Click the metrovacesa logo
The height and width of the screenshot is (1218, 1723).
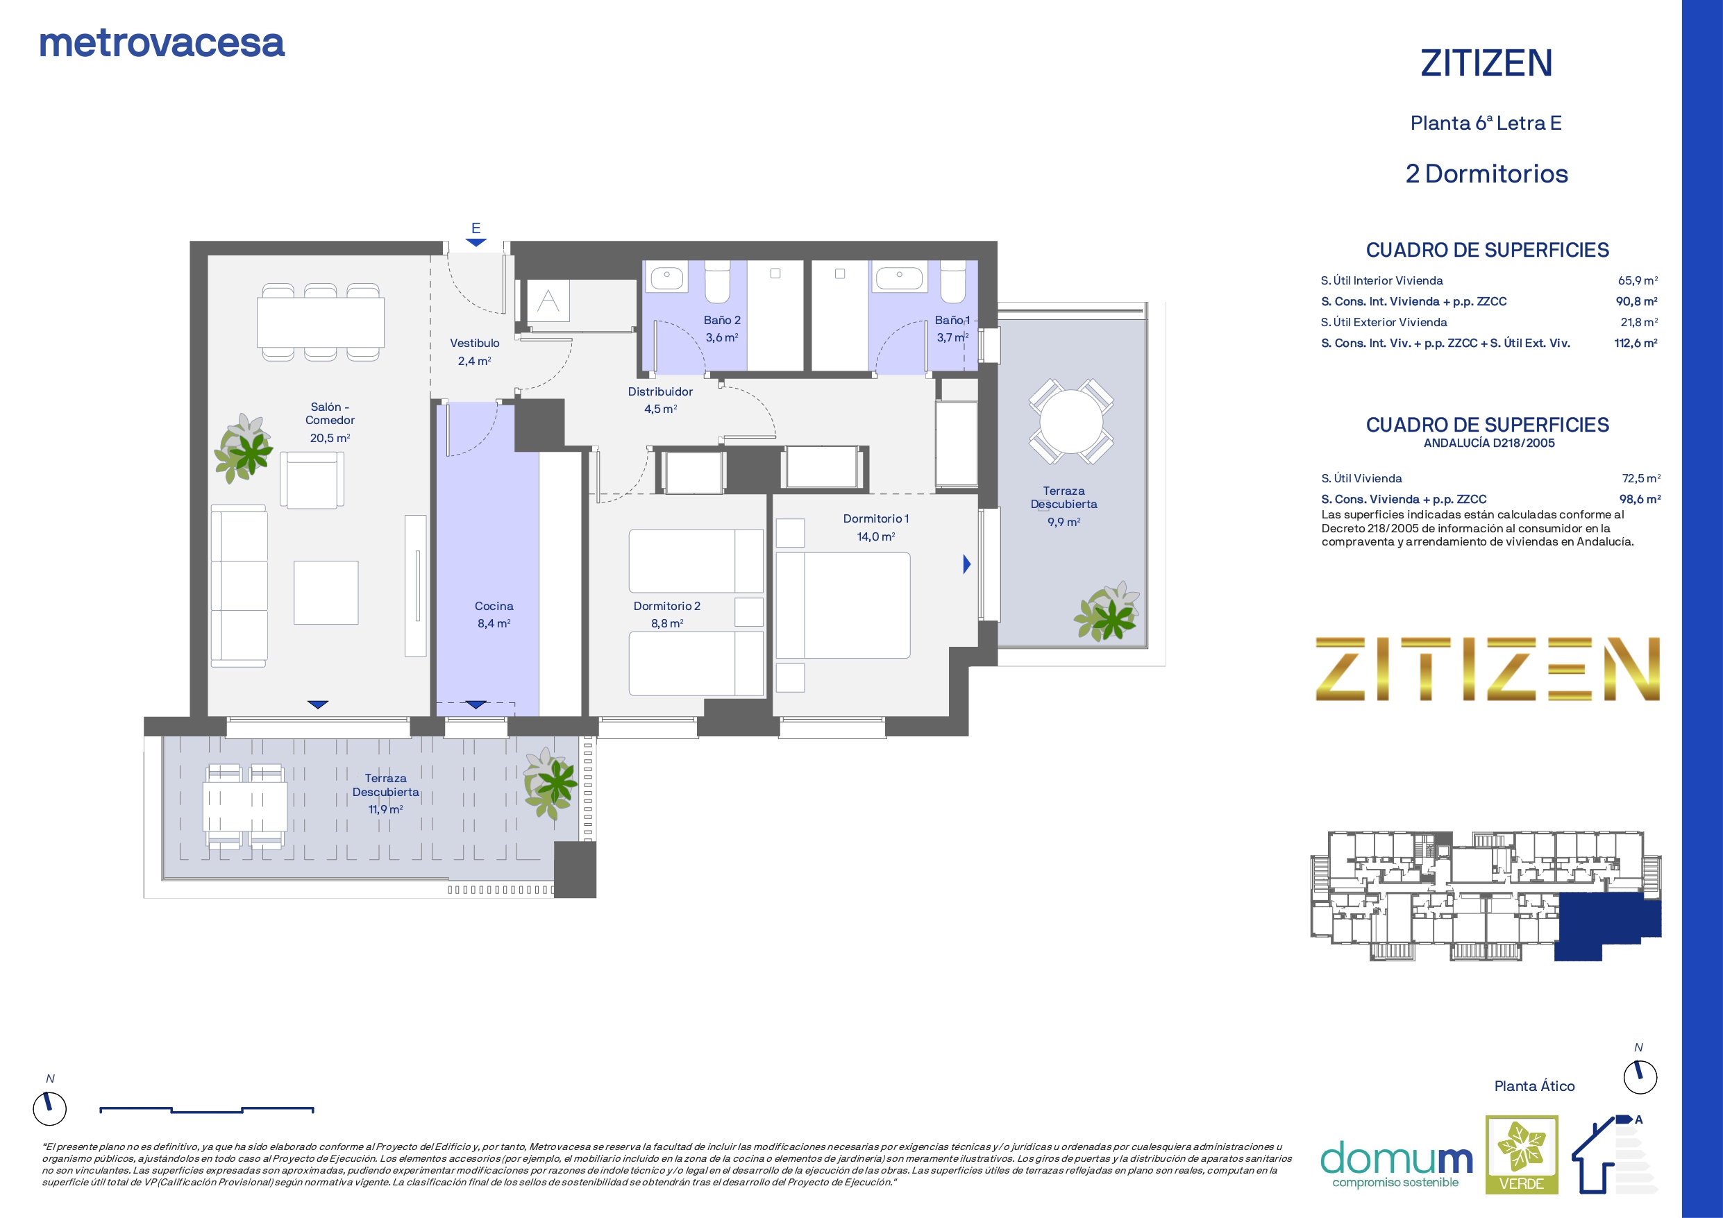pos(162,44)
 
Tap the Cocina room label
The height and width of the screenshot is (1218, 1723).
pos(494,606)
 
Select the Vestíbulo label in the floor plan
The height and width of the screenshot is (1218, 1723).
pos(474,343)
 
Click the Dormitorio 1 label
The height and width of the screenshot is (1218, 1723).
pos(876,518)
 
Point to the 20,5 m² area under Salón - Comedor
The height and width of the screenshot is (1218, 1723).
pos(330,437)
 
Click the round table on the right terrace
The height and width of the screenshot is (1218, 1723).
pos(1071,421)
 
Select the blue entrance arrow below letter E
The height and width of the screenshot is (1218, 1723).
pos(476,242)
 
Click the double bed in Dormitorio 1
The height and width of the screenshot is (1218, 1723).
pos(843,606)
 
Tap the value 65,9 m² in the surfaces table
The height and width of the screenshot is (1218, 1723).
pos(1638,280)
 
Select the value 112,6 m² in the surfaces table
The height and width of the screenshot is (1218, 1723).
pos(1636,343)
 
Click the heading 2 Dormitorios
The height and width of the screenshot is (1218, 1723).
pos(1486,174)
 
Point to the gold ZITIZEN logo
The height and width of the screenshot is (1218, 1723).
pos(1488,670)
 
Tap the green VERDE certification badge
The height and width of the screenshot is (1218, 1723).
pos(1522,1154)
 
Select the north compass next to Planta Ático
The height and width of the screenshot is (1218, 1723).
pos(1640,1077)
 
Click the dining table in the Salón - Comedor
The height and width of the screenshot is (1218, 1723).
pos(321,322)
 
